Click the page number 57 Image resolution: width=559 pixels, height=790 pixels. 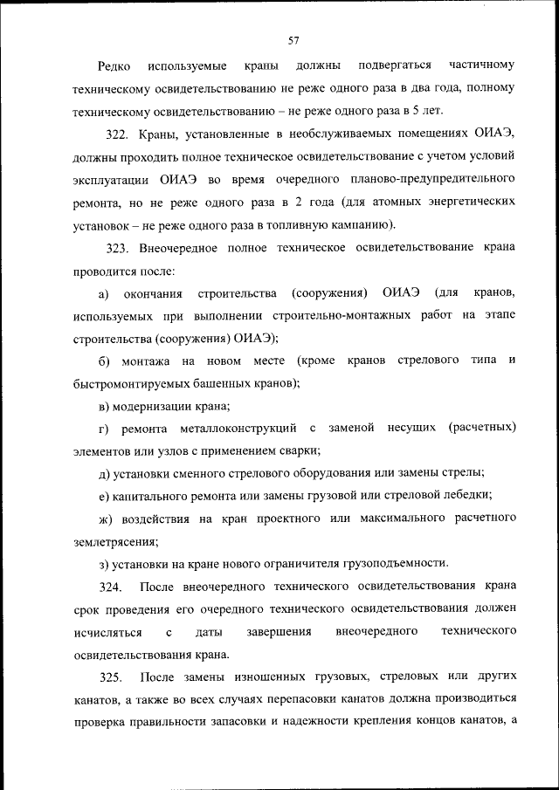pos(293,39)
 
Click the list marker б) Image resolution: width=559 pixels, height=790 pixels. pos(105,360)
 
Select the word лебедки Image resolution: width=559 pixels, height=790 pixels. pos(464,495)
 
